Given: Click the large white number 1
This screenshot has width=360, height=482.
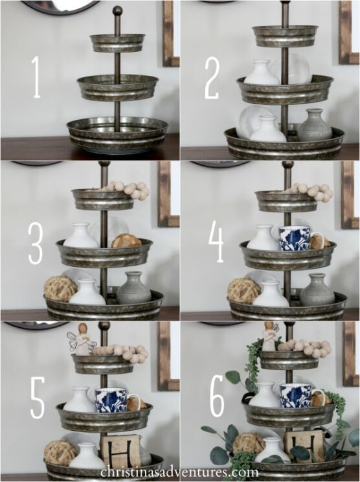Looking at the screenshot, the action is point(36,78).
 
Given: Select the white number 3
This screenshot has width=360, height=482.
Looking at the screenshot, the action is point(36,244).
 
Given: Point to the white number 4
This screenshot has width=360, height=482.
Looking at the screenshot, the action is point(216,242).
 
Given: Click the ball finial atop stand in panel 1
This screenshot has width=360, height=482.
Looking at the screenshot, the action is point(117,10).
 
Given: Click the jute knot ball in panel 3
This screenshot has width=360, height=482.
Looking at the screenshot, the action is point(60,289).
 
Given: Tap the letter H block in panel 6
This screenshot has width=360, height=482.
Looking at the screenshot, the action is point(304,446).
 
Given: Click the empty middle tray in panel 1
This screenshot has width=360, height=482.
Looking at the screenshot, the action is point(118,87).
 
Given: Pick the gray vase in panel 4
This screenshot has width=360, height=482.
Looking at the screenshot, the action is point(317,290).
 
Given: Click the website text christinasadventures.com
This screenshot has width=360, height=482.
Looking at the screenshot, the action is point(179,471).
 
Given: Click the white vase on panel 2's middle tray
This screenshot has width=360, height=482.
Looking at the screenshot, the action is point(262,73).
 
